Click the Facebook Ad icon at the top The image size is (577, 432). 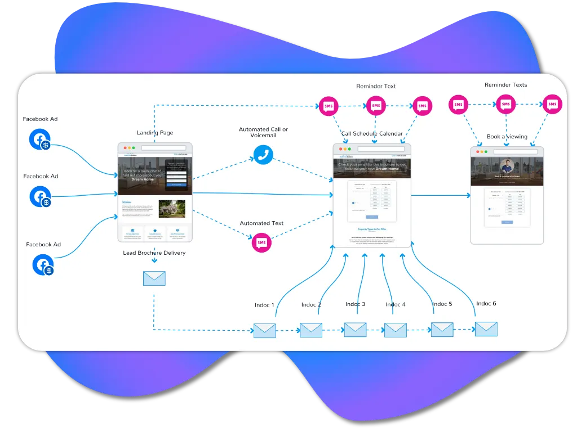pyautogui.click(x=41, y=139)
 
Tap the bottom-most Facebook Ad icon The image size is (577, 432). pyautogui.click(x=43, y=265)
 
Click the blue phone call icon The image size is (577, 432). pyautogui.click(x=263, y=155)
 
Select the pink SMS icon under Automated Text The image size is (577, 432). pyautogui.click(x=261, y=242)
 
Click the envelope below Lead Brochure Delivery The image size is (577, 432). pyautogui.click(x=154, y=278)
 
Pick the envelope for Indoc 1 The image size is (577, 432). pyautogui.click(x=264, y=330)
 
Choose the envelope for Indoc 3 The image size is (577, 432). pyautogui.click(x=355, y=329)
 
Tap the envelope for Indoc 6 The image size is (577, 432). pyautogui.click(x=486, y=328)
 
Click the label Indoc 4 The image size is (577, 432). pyautogui.click(x=396, y=305)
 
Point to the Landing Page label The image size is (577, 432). pyautogui.click(x=155, y=133)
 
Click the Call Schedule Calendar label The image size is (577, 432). pyautogui.click(x=372, y=134)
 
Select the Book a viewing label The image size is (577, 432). pyautogui.click(x=507, y=137)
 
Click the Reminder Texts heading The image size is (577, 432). pyautogui.click(x=505, y=85)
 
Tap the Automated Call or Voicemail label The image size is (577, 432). pyautogui.click(x=263, y=132)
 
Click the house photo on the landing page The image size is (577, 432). pyautogui.click(x=171, y=209)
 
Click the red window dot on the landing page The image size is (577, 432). pyautogui.click(x=125, y=148)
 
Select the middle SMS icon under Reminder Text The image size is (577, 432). pyautogui.click(x=376, y=106)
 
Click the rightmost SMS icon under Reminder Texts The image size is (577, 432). pyautogui.click(x=553, y=105)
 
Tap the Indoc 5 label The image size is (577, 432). pyautogui.click(x=442, y=304)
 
